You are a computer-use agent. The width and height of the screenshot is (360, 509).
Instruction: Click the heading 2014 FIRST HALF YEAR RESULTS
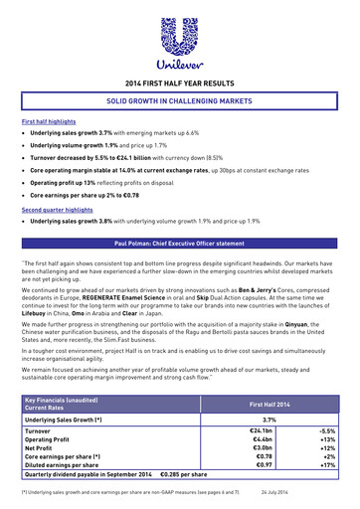pos(180,86)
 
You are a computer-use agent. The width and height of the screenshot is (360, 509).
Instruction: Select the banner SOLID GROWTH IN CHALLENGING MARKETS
pos(180,102)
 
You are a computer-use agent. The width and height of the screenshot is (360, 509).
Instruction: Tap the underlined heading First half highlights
pos(48,120)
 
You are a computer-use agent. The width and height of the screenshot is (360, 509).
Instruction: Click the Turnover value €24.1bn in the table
pos(262,431)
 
